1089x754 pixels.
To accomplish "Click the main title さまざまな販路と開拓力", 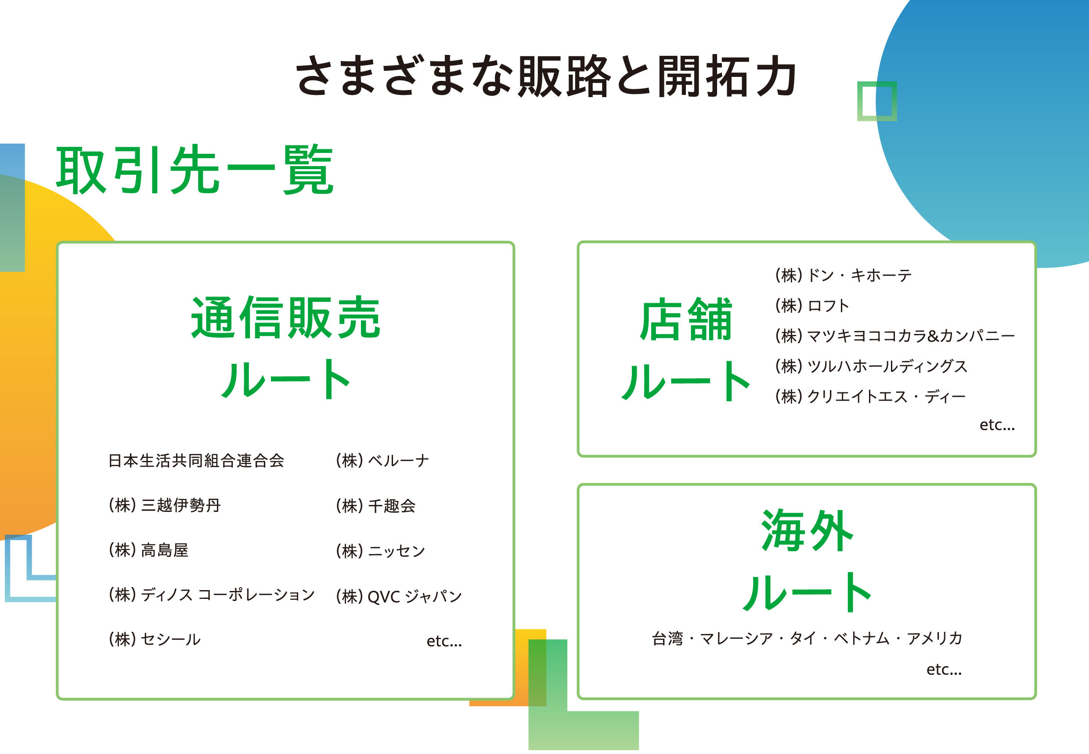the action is tap(546, 76).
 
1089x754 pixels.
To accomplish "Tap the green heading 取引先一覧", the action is tap(195, 170).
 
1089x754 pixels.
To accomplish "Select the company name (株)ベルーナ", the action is tap(382, 460).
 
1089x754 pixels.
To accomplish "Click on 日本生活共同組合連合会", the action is tap(196, 460).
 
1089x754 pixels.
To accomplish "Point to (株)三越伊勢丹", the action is tap(165, 505).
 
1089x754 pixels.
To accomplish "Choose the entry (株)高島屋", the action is tap(148, 550).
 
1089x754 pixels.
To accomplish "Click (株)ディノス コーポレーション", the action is tap(212, 594).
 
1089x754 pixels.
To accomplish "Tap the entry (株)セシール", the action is tap(155, 639).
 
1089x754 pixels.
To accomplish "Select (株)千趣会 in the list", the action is tap(376, 505).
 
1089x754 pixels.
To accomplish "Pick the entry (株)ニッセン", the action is tap(380, 551).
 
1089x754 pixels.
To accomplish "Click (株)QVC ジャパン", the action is tap(399, 596).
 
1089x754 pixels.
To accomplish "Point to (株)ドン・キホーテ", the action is tap(843, 275).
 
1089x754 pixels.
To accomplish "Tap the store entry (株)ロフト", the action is tap(812, 306).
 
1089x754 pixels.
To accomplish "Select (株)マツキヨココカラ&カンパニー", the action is tap(894, 336).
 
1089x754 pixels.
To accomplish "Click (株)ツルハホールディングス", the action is tap(871, 366).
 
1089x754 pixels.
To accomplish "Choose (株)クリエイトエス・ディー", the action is tap(870, 396).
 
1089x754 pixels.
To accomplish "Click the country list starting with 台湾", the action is tap(807, 638).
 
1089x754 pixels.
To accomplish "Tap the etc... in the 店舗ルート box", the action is tap(997, 425).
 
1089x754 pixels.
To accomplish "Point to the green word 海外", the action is tap(807, 530).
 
